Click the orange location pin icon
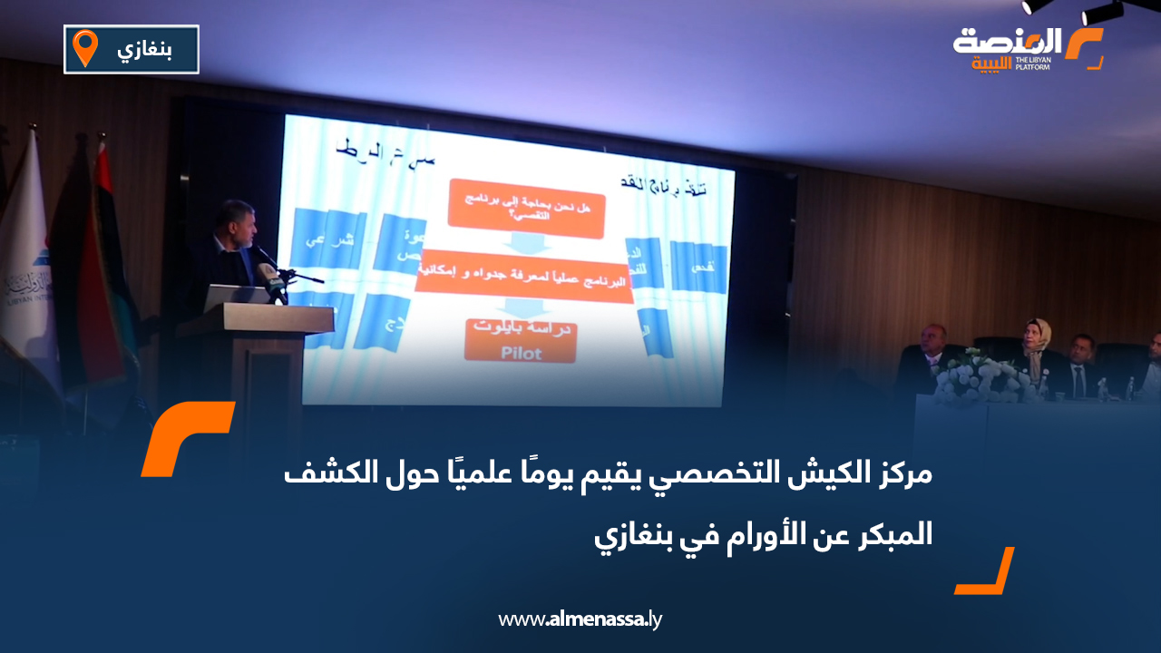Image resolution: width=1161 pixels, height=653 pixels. pos(85,48)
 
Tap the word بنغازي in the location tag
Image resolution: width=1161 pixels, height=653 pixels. pos(144,49)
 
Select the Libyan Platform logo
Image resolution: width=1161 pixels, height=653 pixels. pos(1027,48)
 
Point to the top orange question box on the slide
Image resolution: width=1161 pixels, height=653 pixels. pos(526,209)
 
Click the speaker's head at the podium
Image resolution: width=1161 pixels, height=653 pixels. pos(234,219)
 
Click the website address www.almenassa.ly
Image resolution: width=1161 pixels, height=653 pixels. pos(580,619)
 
